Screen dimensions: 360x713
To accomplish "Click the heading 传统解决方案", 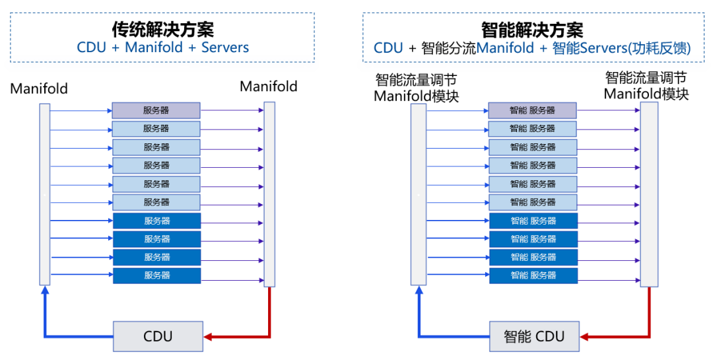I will coord(162,29).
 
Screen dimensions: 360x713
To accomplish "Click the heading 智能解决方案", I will coord(532,29).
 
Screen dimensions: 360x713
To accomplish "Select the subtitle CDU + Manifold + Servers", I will coord(162,48).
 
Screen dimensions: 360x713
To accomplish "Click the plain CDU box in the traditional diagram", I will coord(158,336).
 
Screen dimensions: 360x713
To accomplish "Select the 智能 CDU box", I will coord(534,336).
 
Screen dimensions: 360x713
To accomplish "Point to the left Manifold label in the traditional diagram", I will coord(39,89).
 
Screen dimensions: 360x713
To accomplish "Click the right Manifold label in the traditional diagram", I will coord(268,87).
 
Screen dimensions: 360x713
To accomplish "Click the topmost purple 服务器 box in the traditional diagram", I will coord(156,110).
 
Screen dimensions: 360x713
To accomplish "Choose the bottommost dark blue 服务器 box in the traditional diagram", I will coord(156,275).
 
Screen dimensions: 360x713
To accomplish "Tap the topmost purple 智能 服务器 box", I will coord(533,110).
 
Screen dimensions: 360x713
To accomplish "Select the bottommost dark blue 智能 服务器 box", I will coord(533,275).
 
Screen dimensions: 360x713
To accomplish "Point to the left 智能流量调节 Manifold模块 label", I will coord(416,88).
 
